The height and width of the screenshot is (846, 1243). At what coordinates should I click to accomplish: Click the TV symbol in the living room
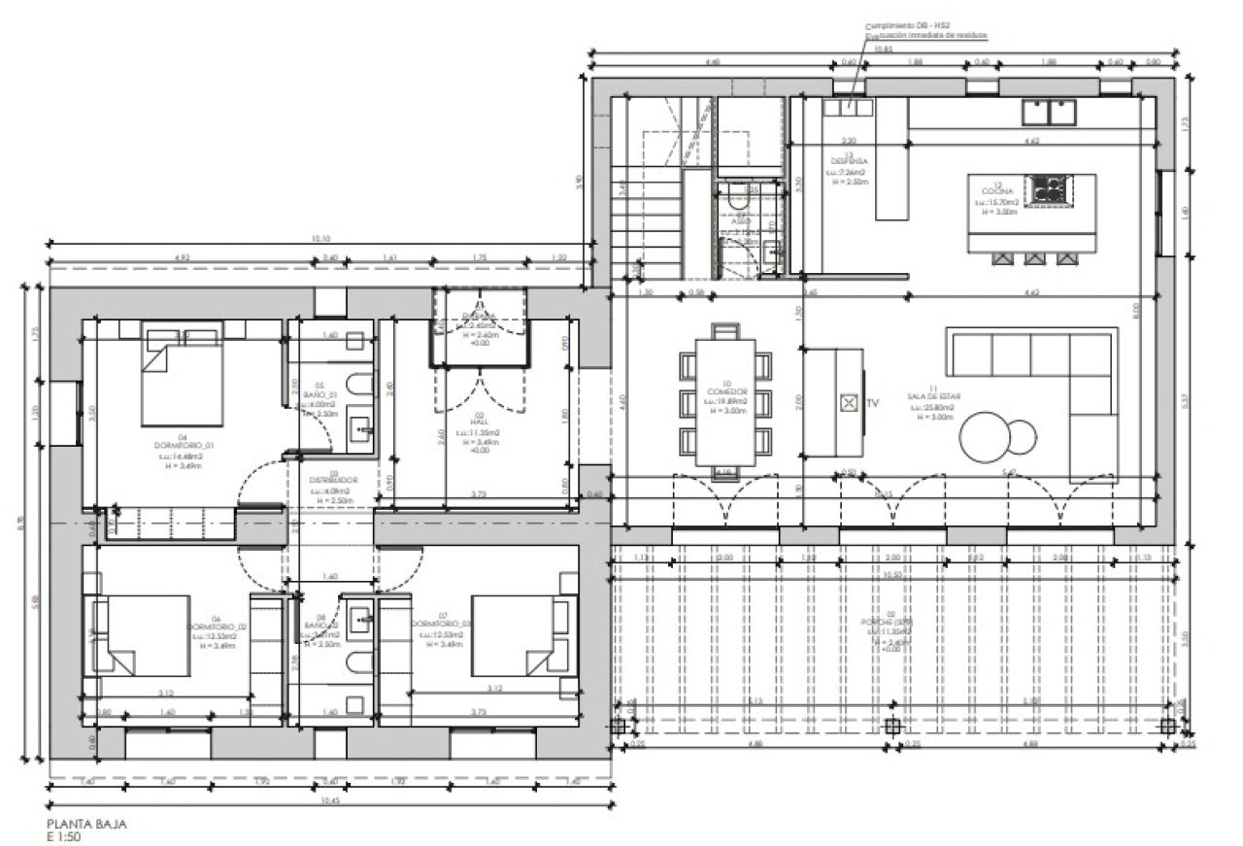(849, 401)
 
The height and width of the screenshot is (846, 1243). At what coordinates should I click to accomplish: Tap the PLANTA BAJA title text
(86, 824)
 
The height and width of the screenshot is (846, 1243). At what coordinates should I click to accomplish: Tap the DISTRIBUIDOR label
(335, 481)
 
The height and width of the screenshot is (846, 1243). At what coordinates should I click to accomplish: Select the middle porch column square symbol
(892, 726)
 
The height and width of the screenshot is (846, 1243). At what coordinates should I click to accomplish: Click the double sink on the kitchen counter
(1050, 113)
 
